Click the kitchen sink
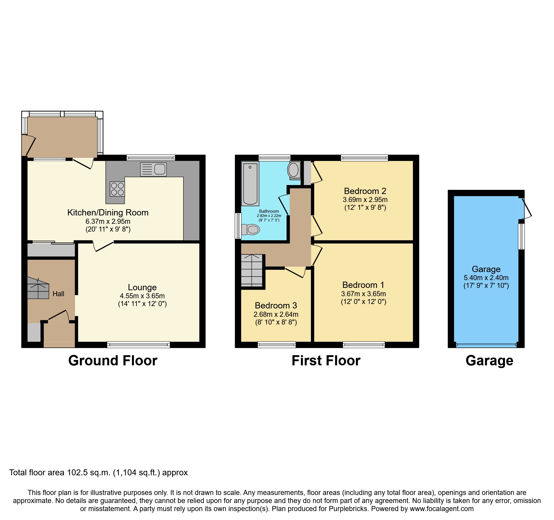point(153,169)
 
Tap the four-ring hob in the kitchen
point(117,189)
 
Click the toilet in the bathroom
point(250,229)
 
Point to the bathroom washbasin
point(294,170)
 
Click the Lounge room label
point(142,287)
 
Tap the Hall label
point(58,294)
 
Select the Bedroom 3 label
point(276,305)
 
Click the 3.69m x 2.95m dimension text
point(365,200)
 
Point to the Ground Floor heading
point(113,361)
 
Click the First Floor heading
point(326,361)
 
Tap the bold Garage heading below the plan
point(489,361)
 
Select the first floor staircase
point(252,271)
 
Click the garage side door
point(526,209)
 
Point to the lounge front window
point(138,345)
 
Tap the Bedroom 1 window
point(364,345)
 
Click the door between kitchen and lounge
point(103,246)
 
